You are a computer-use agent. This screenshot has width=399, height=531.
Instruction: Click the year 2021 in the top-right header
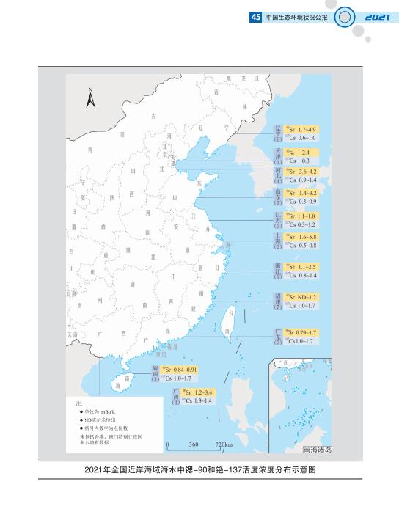[x=375, y=17]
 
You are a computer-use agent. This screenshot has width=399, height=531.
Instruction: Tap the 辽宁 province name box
[x=277, y=129]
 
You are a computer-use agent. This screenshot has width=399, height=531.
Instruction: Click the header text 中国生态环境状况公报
[x=292, y=17]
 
